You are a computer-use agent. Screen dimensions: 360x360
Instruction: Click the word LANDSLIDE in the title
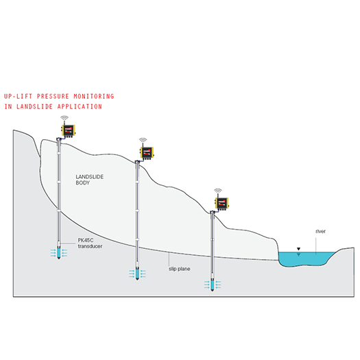pyautogui.click(x=34, y=106)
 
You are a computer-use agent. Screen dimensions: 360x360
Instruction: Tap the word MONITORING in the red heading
pyautogui.click(x=94, y=96)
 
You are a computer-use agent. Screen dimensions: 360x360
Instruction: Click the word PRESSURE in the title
pyautogui.click(x=53, y=96)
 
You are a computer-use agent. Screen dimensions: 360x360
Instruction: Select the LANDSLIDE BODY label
pyautogui.click(x=90, y=180)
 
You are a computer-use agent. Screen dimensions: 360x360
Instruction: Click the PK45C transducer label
pyautogui.click(x=90, y=243)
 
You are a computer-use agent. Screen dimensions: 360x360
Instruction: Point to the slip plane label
pyautogui.click(x=179, y=269)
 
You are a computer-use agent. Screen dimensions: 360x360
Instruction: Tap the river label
pyautogui.click(x=320, y=232)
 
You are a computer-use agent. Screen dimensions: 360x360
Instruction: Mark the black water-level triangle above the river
pyautogui.click(x=298, y=249)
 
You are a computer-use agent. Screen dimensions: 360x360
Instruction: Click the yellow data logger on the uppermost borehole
pyautogui.click(x=68, y=131)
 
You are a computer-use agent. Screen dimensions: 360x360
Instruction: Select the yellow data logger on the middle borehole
pyautogui.click(x=147, y=153)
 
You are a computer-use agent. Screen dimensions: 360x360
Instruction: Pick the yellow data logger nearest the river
pyautogui.click(x=221, y=204)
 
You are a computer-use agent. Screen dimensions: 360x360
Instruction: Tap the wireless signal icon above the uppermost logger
pyautogui.click(x=64, y=118)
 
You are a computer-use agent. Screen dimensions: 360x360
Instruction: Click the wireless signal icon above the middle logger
pyautogui.click(x=143, y=141)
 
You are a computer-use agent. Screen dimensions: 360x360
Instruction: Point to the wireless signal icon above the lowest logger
pyautogui.click(x=218, y=191)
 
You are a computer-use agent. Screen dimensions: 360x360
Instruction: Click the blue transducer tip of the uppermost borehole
pyautogui.click(x=59, y=253)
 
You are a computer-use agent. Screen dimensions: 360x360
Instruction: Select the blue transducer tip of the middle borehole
pyautogui.click(x=137, y=274)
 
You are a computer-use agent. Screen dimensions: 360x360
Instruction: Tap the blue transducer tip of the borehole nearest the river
pyautogui.click(x=213, y=285)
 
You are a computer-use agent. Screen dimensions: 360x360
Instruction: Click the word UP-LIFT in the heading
pyautogui.click(x=18, y=96)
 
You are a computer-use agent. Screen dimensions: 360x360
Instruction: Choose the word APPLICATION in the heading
pyautogui.click(x=80, y=106)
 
